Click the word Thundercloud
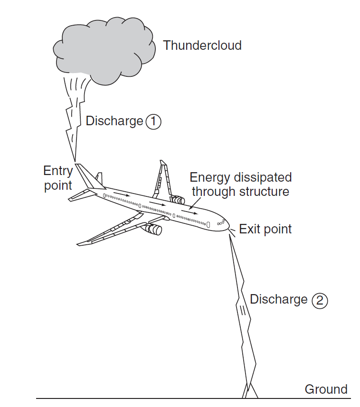point(202,46)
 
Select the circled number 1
point(153,122)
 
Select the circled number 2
point(320,301)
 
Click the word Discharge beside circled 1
point(114,121)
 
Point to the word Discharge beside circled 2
point(279,300)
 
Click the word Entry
point(58,171)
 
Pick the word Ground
point(326,389)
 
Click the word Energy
point(210,178)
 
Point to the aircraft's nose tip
point(228,225)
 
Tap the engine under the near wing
point(153,230)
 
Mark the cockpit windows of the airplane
point(221,222)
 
